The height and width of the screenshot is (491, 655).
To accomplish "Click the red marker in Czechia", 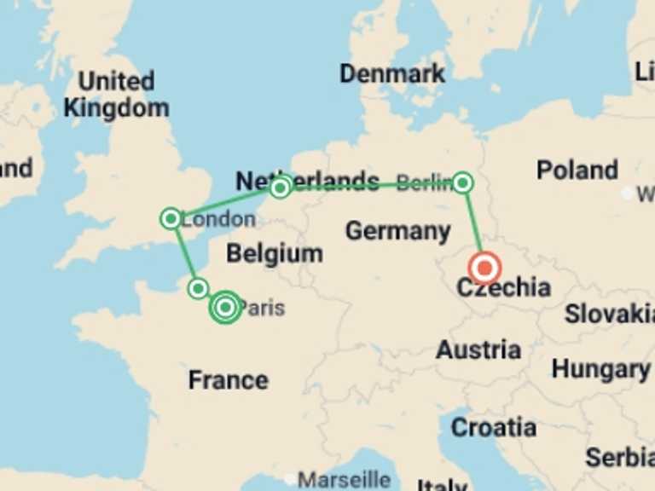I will (484, 269).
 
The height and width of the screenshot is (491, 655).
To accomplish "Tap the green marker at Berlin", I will (462, 182).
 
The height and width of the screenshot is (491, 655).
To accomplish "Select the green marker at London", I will (171, 218).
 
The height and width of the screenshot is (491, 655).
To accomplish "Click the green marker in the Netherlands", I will (280, 188).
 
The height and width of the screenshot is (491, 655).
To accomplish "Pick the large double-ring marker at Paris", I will (225, 307).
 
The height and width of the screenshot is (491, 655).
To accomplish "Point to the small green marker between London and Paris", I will (198, 288).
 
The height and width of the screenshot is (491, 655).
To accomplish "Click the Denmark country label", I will (392, 73).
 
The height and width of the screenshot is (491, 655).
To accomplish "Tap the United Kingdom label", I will (116, 95).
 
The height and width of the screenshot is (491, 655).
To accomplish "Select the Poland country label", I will (577, 170).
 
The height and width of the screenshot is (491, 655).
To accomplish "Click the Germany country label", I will (397, 230).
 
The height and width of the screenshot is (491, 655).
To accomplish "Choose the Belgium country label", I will (274, 253).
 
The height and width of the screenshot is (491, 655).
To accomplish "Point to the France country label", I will (228, 379).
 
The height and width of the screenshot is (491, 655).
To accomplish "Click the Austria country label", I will (478, 349).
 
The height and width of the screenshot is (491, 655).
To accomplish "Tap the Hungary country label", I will (600, 369).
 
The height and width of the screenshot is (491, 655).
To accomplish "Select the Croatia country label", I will (494, 427).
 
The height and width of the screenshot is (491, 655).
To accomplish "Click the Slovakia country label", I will (608, 314).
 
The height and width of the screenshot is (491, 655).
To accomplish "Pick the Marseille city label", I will (344, 479).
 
